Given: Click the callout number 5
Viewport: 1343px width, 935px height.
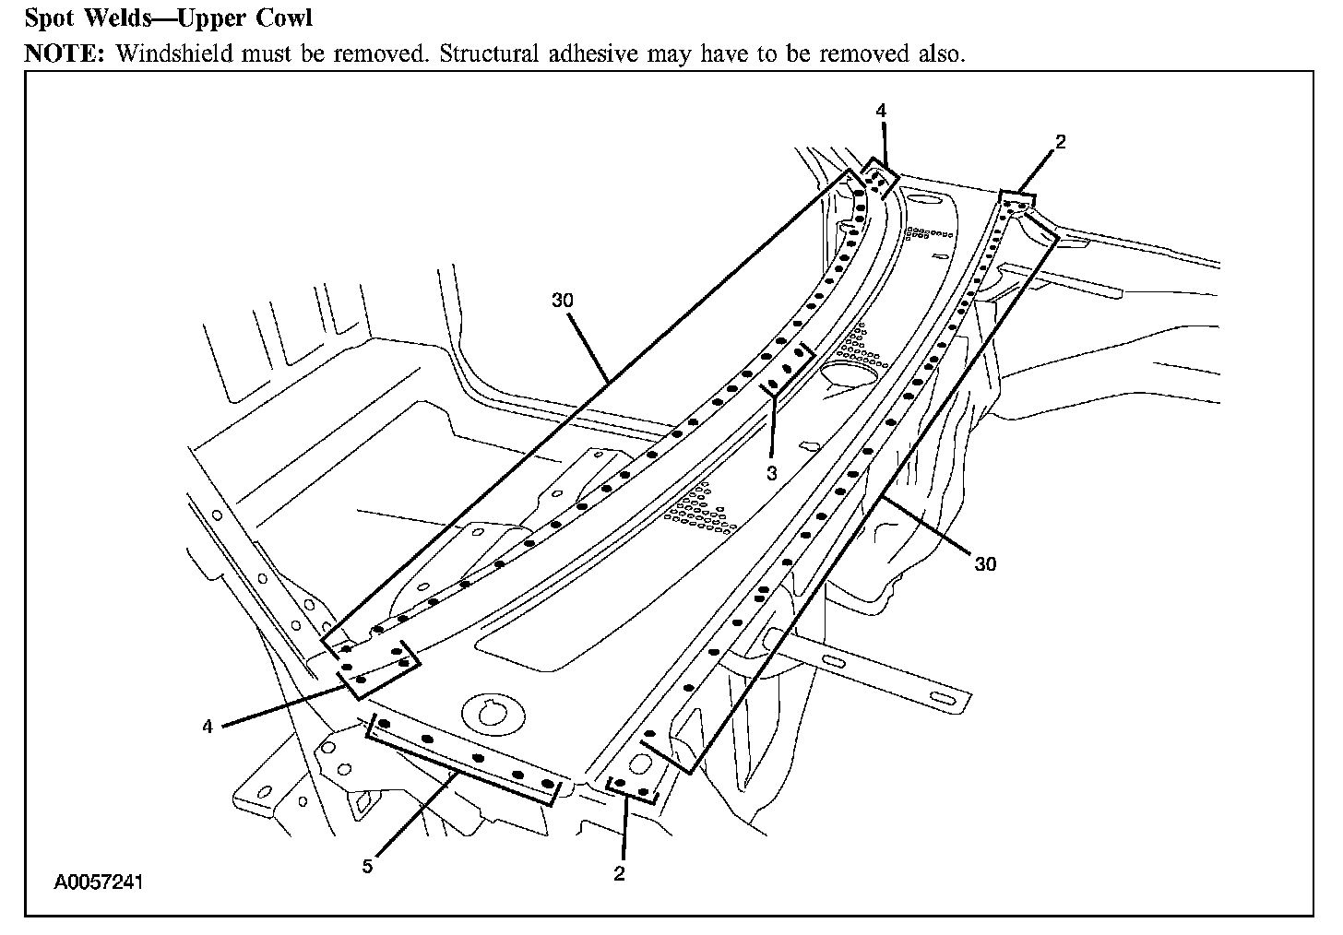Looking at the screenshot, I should click(x=367, y=867).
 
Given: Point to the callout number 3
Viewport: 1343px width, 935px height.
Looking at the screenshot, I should click(x=771, y=472).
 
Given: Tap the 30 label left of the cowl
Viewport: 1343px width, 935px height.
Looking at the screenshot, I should click(x=564, y=301).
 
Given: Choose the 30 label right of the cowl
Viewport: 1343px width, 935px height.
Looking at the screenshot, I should click(x=985, y=563).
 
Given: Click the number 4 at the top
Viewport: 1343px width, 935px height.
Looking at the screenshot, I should click(x=881, y=111).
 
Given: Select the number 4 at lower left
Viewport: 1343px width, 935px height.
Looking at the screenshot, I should click(x=208, y=727).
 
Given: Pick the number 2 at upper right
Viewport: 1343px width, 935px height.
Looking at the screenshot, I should click(x=1061, y=142).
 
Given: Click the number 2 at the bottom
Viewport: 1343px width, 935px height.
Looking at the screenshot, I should click(x=619, y=873).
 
